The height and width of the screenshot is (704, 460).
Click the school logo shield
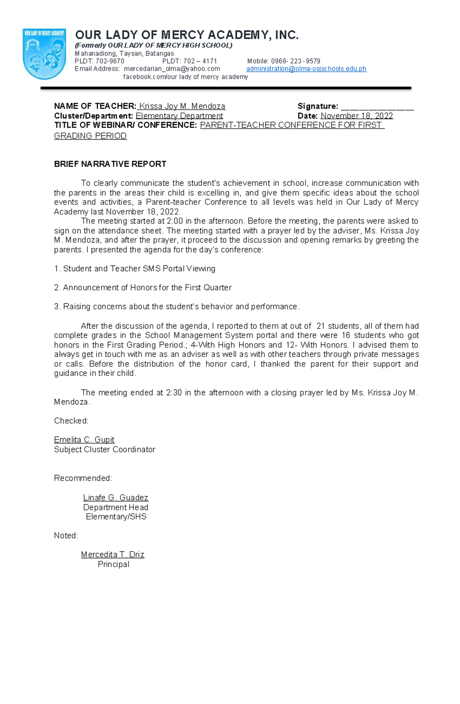pyautogui.click(x=44, y=54)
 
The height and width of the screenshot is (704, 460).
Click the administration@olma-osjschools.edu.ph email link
pyautogui.click(x=306, y=69)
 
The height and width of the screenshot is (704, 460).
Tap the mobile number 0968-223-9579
pyautogui.click(x=295, y=61)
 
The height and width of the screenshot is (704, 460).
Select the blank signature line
pyautogui.click(x=377, y=107)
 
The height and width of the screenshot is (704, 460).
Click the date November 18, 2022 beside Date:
pyautogui.click(x=356, y=116)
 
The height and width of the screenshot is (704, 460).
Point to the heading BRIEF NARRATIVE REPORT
pyautogui.click(x=110, y=164)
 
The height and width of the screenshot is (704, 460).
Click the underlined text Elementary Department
pyautogui.click(x=179, y=116)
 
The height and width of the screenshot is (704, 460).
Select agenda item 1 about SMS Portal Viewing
pyautogui.click(x=135, y=269)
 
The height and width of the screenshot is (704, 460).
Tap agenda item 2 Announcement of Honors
pyautogui.click(x=143, y=288)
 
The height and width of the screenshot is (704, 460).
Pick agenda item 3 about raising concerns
pyautogui.click(x=177, y=307)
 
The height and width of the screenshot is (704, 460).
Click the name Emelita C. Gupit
pyautogui.click(x=84, y=440)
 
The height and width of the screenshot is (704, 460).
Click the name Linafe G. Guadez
pyautogui.click(x=115, y=498)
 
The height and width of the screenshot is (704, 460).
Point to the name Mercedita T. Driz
pyautogui.click(x=112, y=554)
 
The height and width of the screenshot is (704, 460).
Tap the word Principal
pyautogui.click(x=113, y=564)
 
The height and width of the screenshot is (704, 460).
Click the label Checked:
pyautogui.click(x=71, y=421)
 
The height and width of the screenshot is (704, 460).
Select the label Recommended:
pyautogui.click(x=83, y=478)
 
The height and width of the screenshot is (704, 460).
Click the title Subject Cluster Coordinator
pyautogui.click(x=104, y=450)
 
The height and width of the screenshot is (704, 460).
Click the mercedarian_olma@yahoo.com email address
pyautogui.click(x=172, y=69)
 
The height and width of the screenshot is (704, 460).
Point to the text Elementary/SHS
pyautogui.click(x=116, y=517)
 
